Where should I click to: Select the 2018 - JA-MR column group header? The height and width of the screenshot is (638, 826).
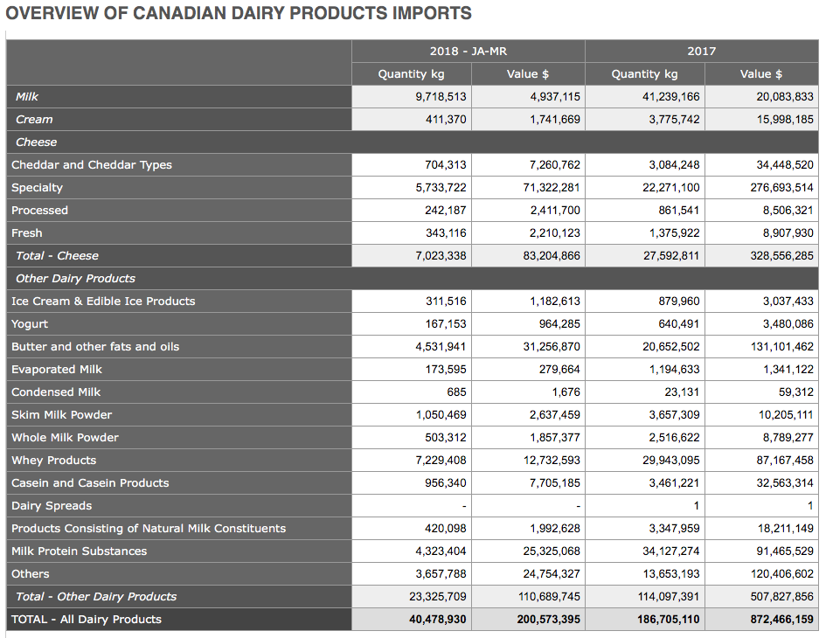tap(469, 51)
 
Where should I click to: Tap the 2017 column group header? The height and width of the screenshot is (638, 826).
tap(702, 51)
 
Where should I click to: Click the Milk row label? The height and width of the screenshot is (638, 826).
tap(27, 97)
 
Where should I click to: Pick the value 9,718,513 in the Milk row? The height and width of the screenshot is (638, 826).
tap(441, 97)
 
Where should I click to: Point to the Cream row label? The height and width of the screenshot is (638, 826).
tap(34, 120)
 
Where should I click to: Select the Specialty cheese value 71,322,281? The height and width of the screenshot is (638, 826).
tap(552, 188)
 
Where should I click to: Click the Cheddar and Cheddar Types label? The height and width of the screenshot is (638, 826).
tap(92, 165)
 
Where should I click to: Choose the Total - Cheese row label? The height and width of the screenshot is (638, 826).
tap(57, 256)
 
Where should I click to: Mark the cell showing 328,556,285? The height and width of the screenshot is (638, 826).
tap(781, 256)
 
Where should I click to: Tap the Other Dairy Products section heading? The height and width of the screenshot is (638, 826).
tap(75, 279)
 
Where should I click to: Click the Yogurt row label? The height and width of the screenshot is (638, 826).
tap(30, 324)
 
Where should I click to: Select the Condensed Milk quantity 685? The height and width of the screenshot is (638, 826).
tap(456, 392)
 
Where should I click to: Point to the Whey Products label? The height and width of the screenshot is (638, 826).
tap(53, 461)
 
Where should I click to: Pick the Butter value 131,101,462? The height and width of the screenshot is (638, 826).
tap(781, 347)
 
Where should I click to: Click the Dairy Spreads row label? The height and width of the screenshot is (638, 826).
tap(52, 506)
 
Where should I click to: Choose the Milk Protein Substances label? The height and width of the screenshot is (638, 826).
tap(79, 551)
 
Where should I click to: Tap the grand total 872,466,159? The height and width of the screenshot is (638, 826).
tap(781, 620)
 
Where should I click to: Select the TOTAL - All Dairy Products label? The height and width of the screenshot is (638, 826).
tap(87, 620)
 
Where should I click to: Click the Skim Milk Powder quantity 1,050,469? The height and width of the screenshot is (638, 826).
tap(441, 414)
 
